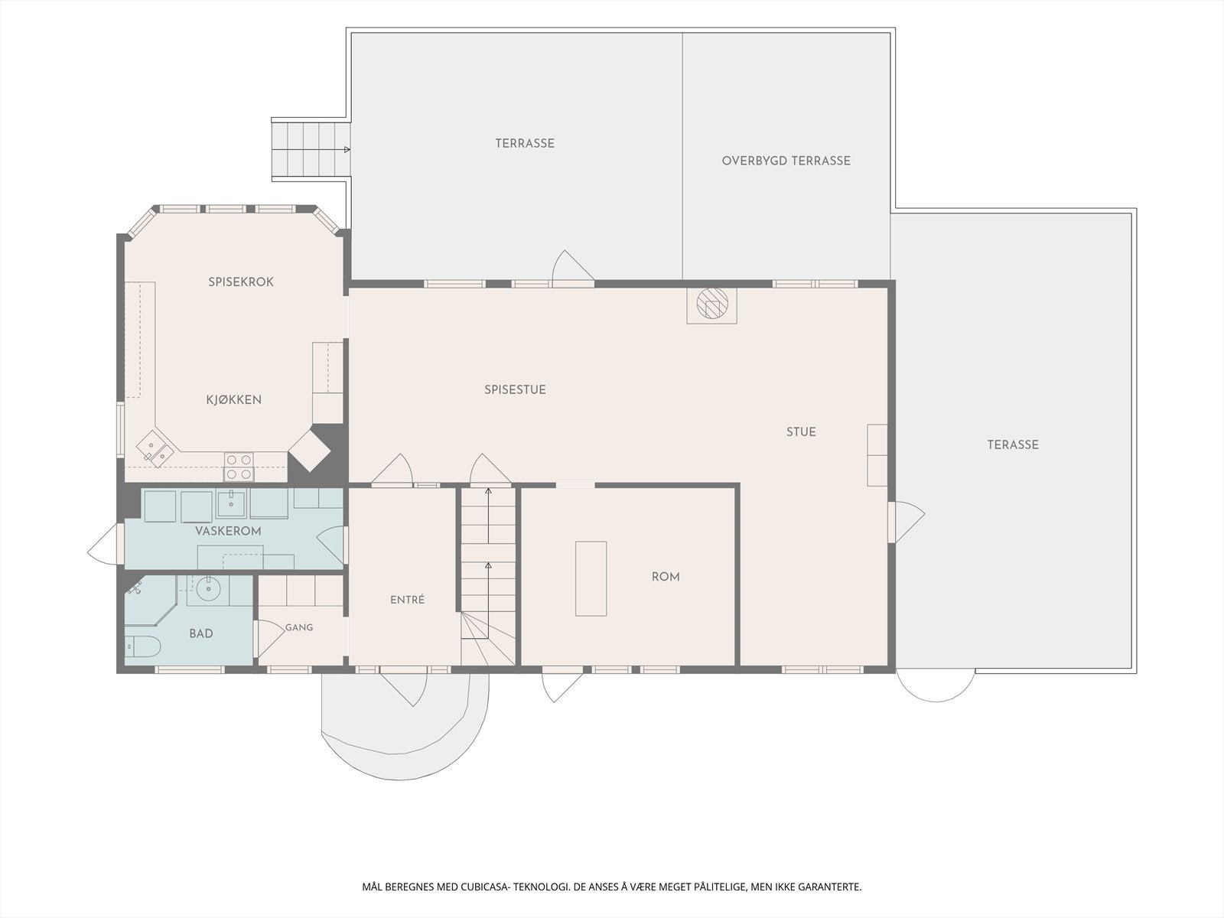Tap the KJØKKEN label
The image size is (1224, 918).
pos(233,399)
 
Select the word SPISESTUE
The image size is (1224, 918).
pos(515,389)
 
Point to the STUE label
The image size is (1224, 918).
pos(801,432)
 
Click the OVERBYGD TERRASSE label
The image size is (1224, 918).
pos(786,161)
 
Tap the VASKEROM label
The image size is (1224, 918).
pos(228,531)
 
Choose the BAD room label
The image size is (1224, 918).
pos(200,633)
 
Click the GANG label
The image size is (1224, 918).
pos(299,627)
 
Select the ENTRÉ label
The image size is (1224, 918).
pos(407,600)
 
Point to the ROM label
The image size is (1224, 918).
pos(666,577)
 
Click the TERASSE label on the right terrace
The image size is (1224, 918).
pos(1013,444)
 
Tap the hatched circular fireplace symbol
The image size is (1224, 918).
pos(712,304)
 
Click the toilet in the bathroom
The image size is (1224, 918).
pos(142,646)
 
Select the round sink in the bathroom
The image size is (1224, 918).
pos(208,588)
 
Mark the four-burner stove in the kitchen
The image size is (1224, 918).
pos(239,467)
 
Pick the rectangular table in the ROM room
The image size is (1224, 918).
pos(591,578)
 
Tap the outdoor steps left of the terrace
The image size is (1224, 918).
pos(311,150)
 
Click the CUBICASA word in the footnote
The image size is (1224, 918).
pos(484,887)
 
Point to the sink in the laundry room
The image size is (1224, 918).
pos(231,503)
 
